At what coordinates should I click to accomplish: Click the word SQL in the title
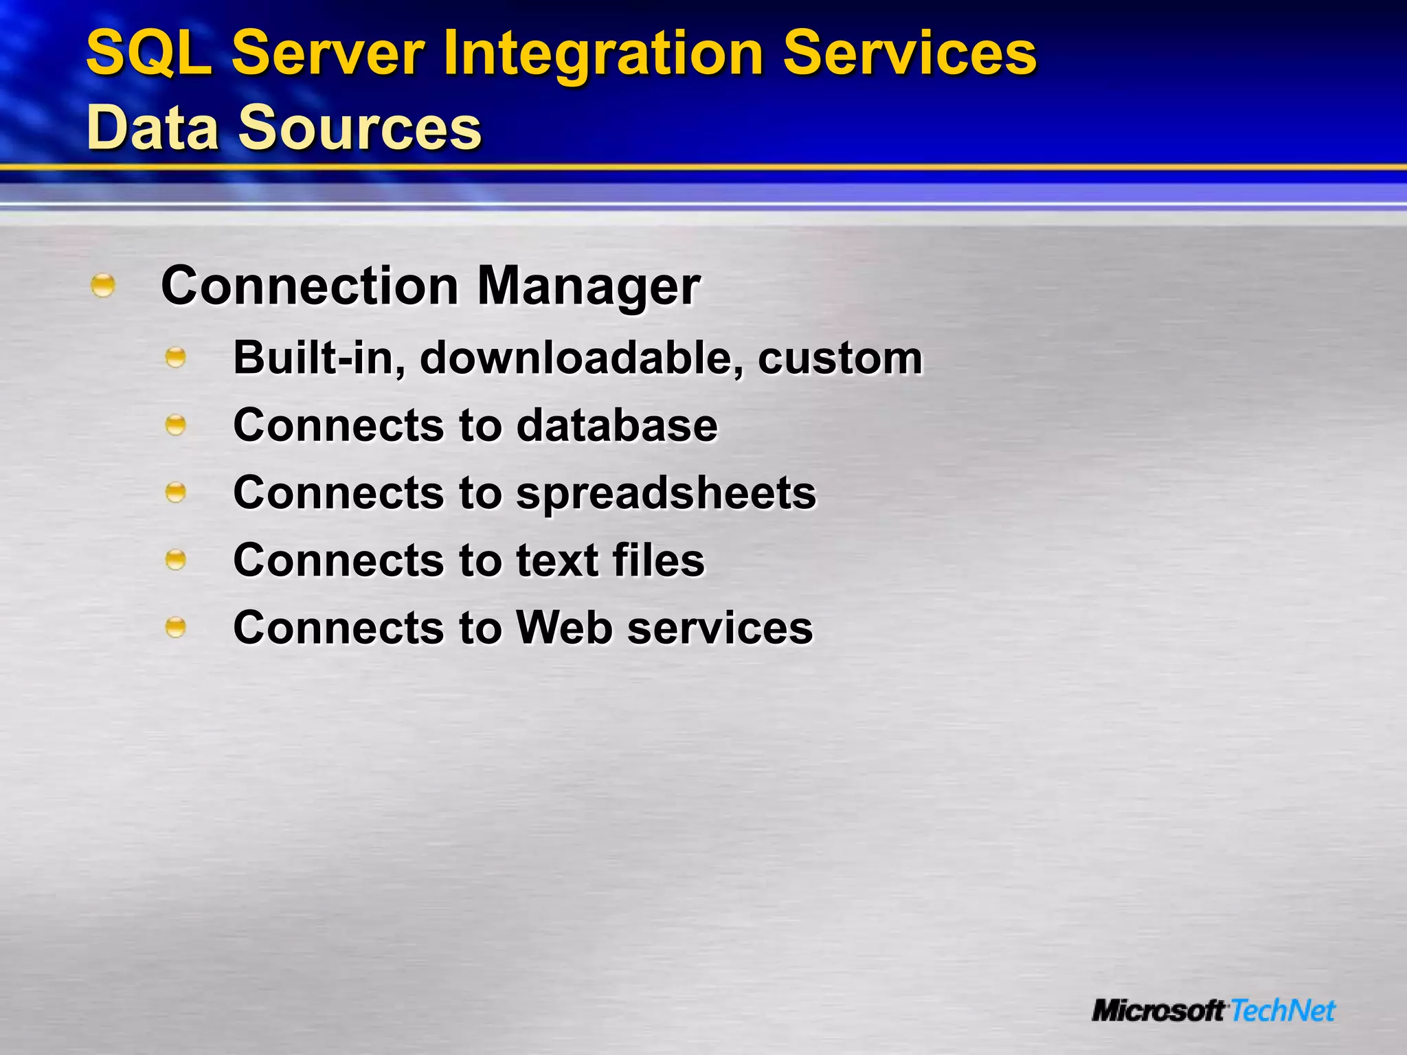point(148,54)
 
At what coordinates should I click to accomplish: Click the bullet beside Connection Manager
point(103,285)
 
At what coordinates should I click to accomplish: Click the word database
point(616,425)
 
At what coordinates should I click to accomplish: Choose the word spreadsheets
point(666,493)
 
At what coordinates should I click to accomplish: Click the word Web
point(564,627)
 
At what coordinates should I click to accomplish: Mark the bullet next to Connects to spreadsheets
point(176,492)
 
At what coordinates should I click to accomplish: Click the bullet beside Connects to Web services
point(176,626)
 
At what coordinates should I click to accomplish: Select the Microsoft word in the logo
point(1158,1011)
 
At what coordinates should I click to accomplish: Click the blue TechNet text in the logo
point(1282,1011)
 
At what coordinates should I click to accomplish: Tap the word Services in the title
point(910,54)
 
